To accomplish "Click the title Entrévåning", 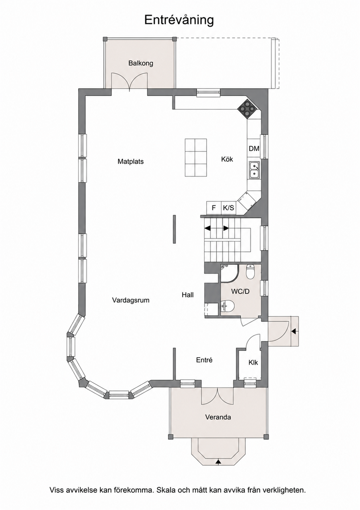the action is click(x=179, y=20).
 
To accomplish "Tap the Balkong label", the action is click(x=141, y=63).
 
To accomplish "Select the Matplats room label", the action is click(x=131, y=161).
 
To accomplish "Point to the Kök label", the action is click(x=227, y=159).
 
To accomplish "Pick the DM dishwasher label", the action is click(x=254, y=149).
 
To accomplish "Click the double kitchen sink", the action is click(x=254, y=170).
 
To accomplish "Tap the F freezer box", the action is click(x=214, y=208).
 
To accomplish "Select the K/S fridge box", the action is click(x=229, y=208).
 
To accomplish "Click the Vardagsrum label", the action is click(x=131, y=300).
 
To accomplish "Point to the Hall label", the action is click(x=188, y=295).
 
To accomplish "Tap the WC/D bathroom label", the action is click(x=240, y=291).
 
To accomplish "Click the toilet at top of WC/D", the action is click(x=251, y=272).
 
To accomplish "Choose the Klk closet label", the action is click(x=253, y=362).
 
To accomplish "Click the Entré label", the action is click(x=204, y=360).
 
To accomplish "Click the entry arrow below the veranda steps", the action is click(x=218, y=461).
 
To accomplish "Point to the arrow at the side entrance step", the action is click(x=294, y=331).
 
